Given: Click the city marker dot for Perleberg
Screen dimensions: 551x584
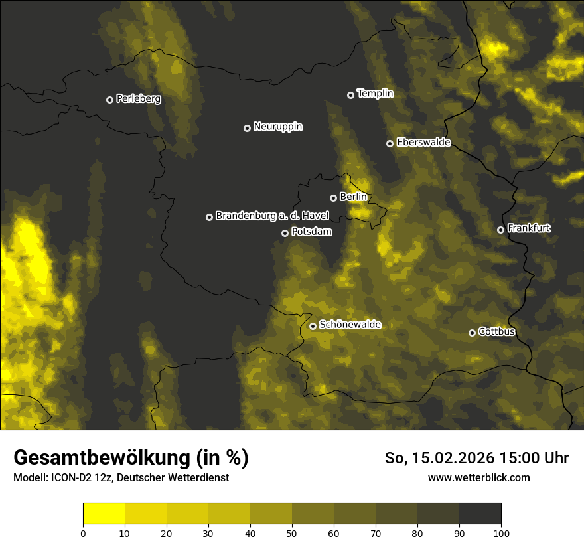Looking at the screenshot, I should [110, 100].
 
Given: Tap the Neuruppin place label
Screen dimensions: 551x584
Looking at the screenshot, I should [277, 126].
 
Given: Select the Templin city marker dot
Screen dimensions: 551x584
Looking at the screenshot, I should [350, 95].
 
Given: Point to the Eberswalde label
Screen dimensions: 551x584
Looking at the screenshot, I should [423, 142].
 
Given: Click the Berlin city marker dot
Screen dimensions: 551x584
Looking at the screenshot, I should [333, 198].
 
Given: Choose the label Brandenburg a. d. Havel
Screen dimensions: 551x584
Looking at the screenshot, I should [272, 216].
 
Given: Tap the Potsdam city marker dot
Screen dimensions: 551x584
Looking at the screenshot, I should [285, 233].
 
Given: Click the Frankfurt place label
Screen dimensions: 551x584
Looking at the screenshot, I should [529, 228].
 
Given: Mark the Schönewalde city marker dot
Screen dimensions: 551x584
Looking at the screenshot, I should [313, 326].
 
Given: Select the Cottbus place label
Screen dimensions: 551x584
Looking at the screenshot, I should [496, 331].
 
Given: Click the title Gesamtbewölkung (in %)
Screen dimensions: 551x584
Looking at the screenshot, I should [131, 458].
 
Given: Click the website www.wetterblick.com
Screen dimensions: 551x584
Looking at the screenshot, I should [478, 477].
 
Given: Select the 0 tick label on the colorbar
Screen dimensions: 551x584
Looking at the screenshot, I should [83, 532].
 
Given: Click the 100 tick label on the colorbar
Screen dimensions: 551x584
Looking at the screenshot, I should [501, 532].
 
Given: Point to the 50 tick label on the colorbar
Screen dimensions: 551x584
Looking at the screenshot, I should [292, 532].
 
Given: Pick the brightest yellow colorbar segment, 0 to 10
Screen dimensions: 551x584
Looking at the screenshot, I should [104, 514].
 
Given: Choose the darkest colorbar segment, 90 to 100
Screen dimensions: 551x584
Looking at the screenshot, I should [480, 514].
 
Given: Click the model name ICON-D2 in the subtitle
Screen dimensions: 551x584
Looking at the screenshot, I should [68, 478].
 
